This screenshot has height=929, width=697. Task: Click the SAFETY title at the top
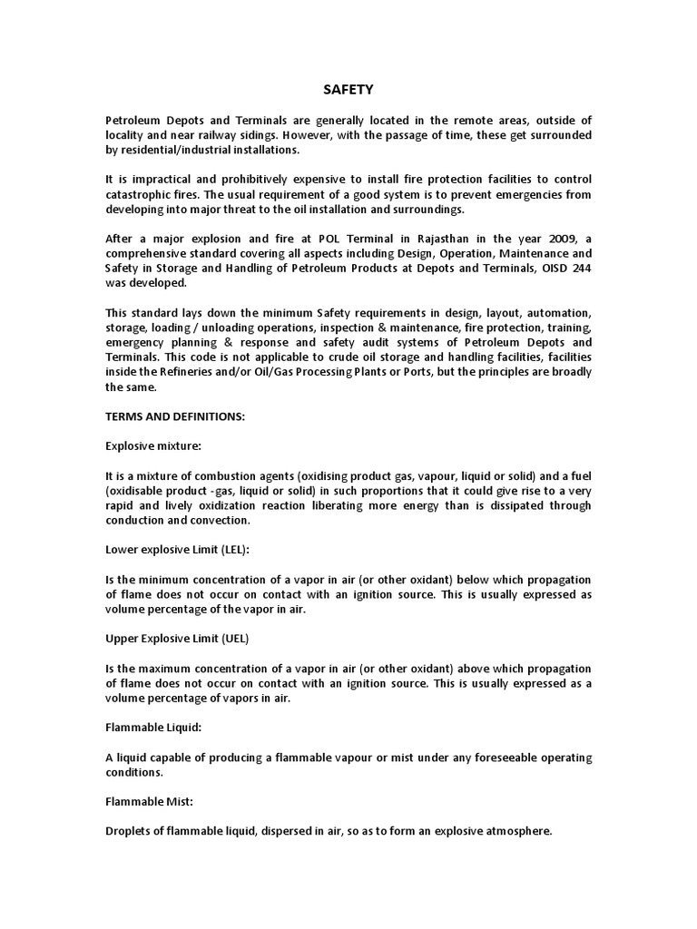click(x=348, y=90)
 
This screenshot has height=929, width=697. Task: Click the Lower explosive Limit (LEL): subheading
click(x=177, y=550)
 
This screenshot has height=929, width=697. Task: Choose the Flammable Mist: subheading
click(x=149, y=800)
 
